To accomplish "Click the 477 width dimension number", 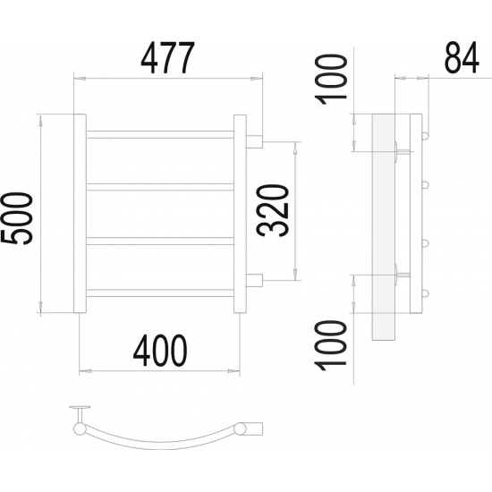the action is pyautogui.click(x=168, y=58).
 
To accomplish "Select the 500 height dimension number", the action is pyautogui.click(x=17, y=218).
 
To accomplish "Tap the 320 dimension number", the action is pyautogui.click(x=272, y=210).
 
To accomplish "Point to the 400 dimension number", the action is pyautogui.click(x=160, y=350).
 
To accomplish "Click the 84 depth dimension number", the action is pyautogui.click(x=462, y=58).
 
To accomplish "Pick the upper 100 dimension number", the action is pyautogui.click(x=331, y=80).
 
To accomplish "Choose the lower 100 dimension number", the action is pyautogui.click(x=331, y=345).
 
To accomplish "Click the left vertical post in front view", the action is pyautogui.click(x=80, y=214).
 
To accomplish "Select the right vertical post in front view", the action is pyautogui.click(x=240, y=214).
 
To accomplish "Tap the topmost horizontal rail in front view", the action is pyautogui.click(x=160, y=134).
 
